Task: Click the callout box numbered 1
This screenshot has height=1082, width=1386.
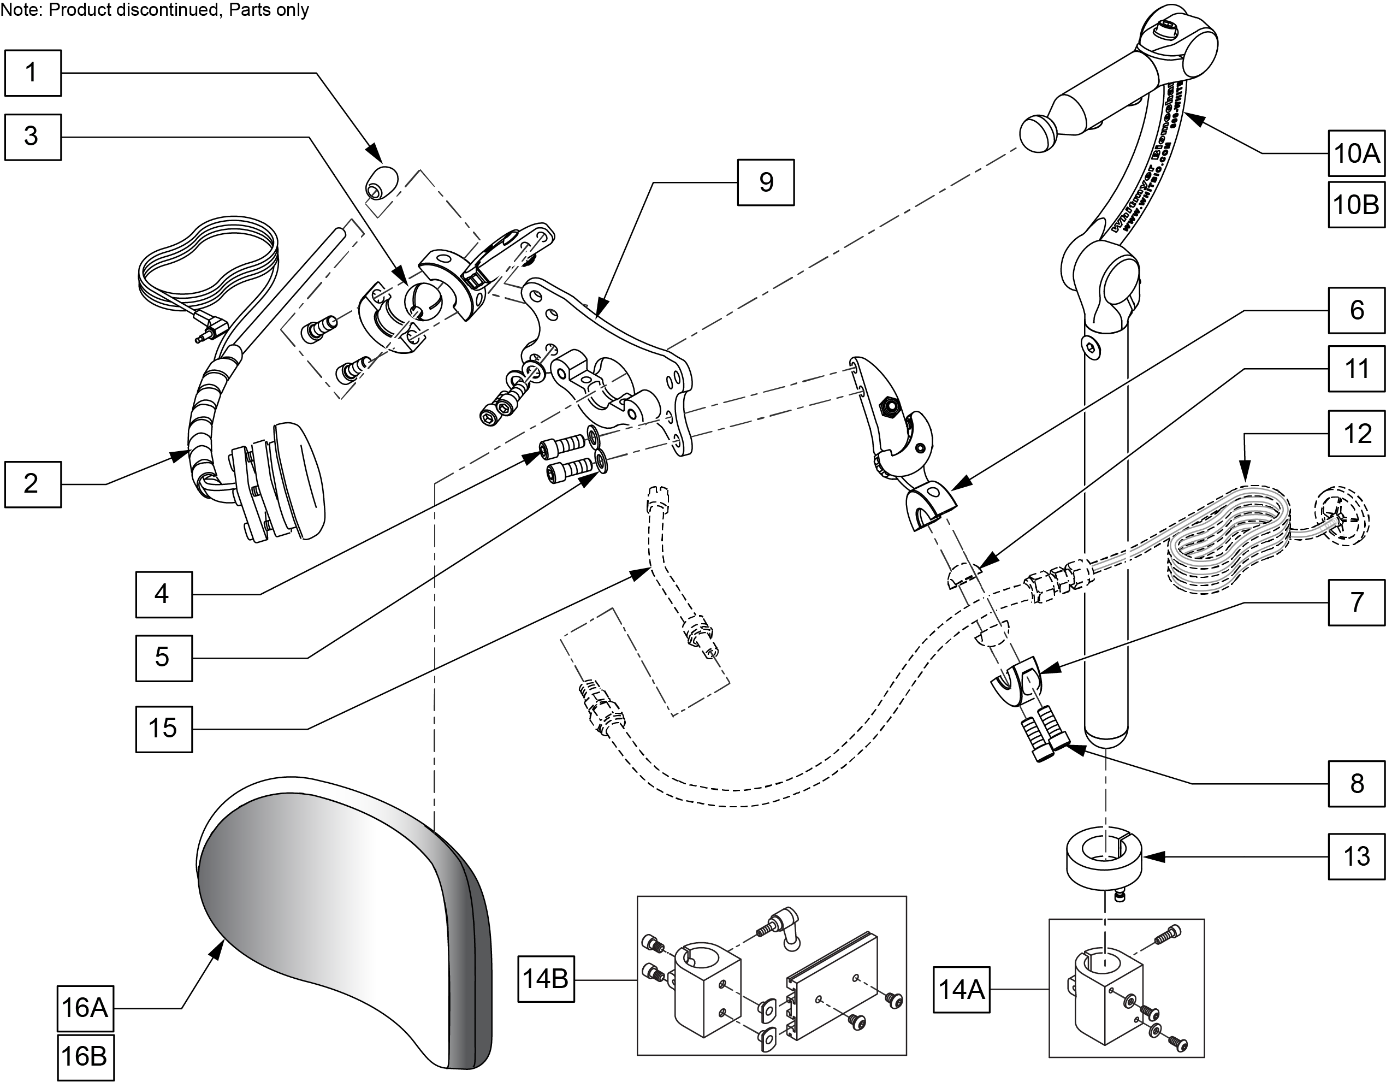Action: [x=32, y=73]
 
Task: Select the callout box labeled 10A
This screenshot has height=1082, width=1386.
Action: [x=1356, y=153]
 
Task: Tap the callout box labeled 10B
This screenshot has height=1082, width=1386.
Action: [x=1356, y=204]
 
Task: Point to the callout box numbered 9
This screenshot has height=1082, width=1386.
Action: [x=765, y=182]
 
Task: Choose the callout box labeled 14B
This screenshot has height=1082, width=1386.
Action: [x=546, y=979]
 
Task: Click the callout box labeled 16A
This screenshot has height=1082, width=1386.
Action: [x=85, y=1008]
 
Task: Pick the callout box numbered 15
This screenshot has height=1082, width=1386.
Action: [x=163, y=729]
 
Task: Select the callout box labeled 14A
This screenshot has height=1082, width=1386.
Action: [x=961, y=989]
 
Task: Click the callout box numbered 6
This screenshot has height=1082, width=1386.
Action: [x=1356, y=310]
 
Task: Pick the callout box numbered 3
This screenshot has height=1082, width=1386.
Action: [x=32, y=137]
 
